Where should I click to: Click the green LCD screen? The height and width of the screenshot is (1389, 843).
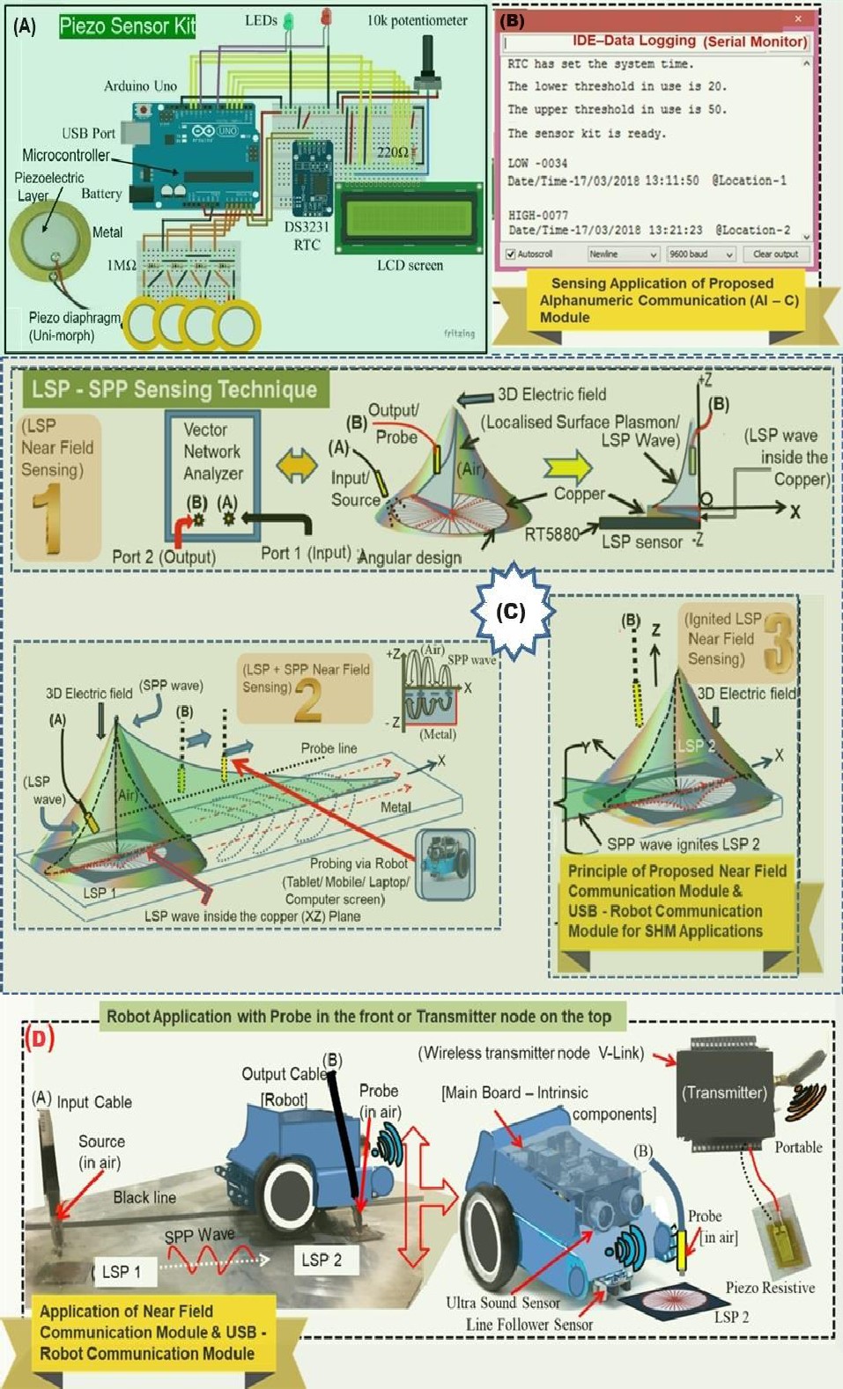click(410, 217)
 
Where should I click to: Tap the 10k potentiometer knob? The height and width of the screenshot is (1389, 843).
click(431, 63)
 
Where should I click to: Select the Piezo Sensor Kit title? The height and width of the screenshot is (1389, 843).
click(127, 26)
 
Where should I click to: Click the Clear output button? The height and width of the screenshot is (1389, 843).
click(774, 254)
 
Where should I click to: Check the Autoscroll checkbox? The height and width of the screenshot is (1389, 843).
click(511, 254)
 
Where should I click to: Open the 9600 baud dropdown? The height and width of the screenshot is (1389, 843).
click(700, 254)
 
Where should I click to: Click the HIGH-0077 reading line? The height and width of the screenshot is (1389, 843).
click(538, 215)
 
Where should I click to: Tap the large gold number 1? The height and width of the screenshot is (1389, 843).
click(47, 520)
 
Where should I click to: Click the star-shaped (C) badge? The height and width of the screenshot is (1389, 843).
click(511, 612)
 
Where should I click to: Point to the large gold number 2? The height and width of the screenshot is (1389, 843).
click(307, 702)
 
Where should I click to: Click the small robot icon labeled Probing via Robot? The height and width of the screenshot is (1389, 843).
click(445, 863)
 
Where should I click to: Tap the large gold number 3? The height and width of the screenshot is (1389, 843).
click(777, 643)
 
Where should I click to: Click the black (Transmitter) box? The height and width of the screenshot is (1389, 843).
click(724, 1093)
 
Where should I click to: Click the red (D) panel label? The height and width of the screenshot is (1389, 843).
click(40, 1038)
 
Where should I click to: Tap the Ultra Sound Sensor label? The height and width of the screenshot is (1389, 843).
click(502, 1302)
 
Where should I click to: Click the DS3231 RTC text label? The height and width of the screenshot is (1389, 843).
click(307, 236)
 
